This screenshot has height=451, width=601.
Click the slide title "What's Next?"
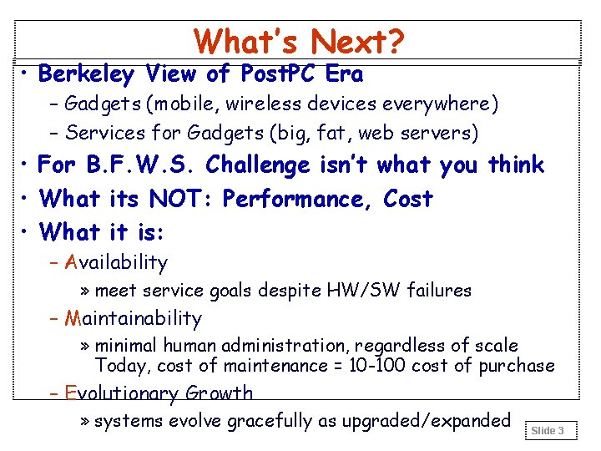[x=299, y=41]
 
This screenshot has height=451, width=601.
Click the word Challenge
[x=258, y=165]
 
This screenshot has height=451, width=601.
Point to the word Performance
[x=299, y=199]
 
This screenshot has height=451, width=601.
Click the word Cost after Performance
[x=408, y=199]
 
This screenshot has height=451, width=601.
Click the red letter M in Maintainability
[x=72, y=318]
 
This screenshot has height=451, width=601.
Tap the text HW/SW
[x=362, y=291]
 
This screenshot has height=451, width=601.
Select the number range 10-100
[x=374, y=365]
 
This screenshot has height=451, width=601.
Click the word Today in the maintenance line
[x=121, y=365]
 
